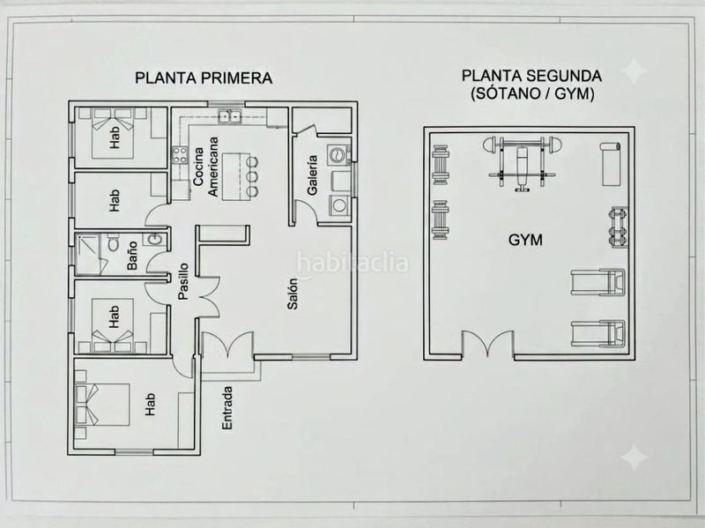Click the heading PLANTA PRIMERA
[204, 78]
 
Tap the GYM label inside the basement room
[525, 240]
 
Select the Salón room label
[293, 294]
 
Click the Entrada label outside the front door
[227, 408]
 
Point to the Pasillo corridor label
[183, 281]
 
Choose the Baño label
[132, 256]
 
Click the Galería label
[313, 175]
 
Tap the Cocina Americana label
[205, 167]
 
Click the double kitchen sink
[230, 116]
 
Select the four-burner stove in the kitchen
[180, 155]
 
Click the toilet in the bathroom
[113, 243]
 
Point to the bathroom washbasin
[153, 240]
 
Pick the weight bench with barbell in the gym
[523, 163]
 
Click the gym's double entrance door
[488, 345]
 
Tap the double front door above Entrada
[228, 345]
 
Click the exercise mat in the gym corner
[611, 164]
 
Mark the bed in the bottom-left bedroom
[102, 404]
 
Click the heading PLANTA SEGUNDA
[532, 76]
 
